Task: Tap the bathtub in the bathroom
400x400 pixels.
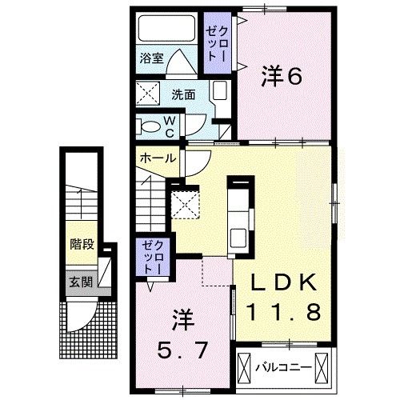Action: [165, 30]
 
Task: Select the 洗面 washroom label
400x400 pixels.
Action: [183, 93]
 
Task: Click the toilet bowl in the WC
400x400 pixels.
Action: [150, 125]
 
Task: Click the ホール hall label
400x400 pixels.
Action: [158, 158]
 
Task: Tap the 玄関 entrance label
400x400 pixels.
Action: [78, 282]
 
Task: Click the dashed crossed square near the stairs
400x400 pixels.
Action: [187, 205]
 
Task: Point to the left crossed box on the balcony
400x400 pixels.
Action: [245, 367]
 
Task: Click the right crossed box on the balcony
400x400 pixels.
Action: [324, 367]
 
